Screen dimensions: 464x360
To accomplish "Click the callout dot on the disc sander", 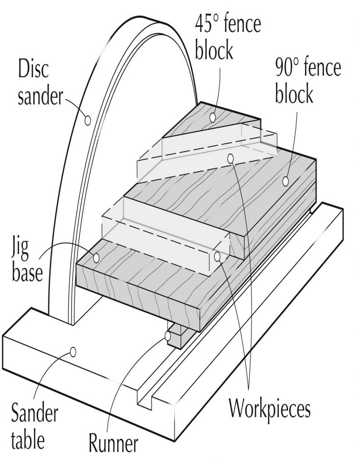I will click(x=88, y=120).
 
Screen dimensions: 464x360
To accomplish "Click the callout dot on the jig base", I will click(x=96, y=258).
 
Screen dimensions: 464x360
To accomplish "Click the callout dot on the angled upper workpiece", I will click(x=231, y=158).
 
